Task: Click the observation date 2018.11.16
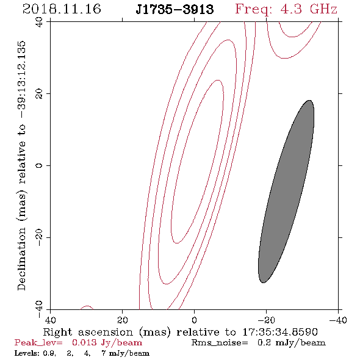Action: (x=62, y=9)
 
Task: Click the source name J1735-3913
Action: (x=175, y=10)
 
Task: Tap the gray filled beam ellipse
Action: (x=286, y=192)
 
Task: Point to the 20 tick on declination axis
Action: (x=39, y=94)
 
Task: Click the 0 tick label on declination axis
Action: (x=39, y=165)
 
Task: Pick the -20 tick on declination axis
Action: (x=39, y=237)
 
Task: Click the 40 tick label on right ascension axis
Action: (x=50, y=320)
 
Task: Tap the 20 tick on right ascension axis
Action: (x=123, y=320)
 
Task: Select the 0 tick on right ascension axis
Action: (x=194, y=320)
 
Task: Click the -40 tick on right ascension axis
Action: (x=338, y=320)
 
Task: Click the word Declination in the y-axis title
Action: (x=21, y=259)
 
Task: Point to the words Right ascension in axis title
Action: (x=88, y=332)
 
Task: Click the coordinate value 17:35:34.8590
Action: (x=280, y=332)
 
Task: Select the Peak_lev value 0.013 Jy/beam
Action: (x=107, y=343)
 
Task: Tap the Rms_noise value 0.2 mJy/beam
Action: (x=291, y=343)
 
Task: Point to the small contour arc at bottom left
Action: (x=87, y=307)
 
